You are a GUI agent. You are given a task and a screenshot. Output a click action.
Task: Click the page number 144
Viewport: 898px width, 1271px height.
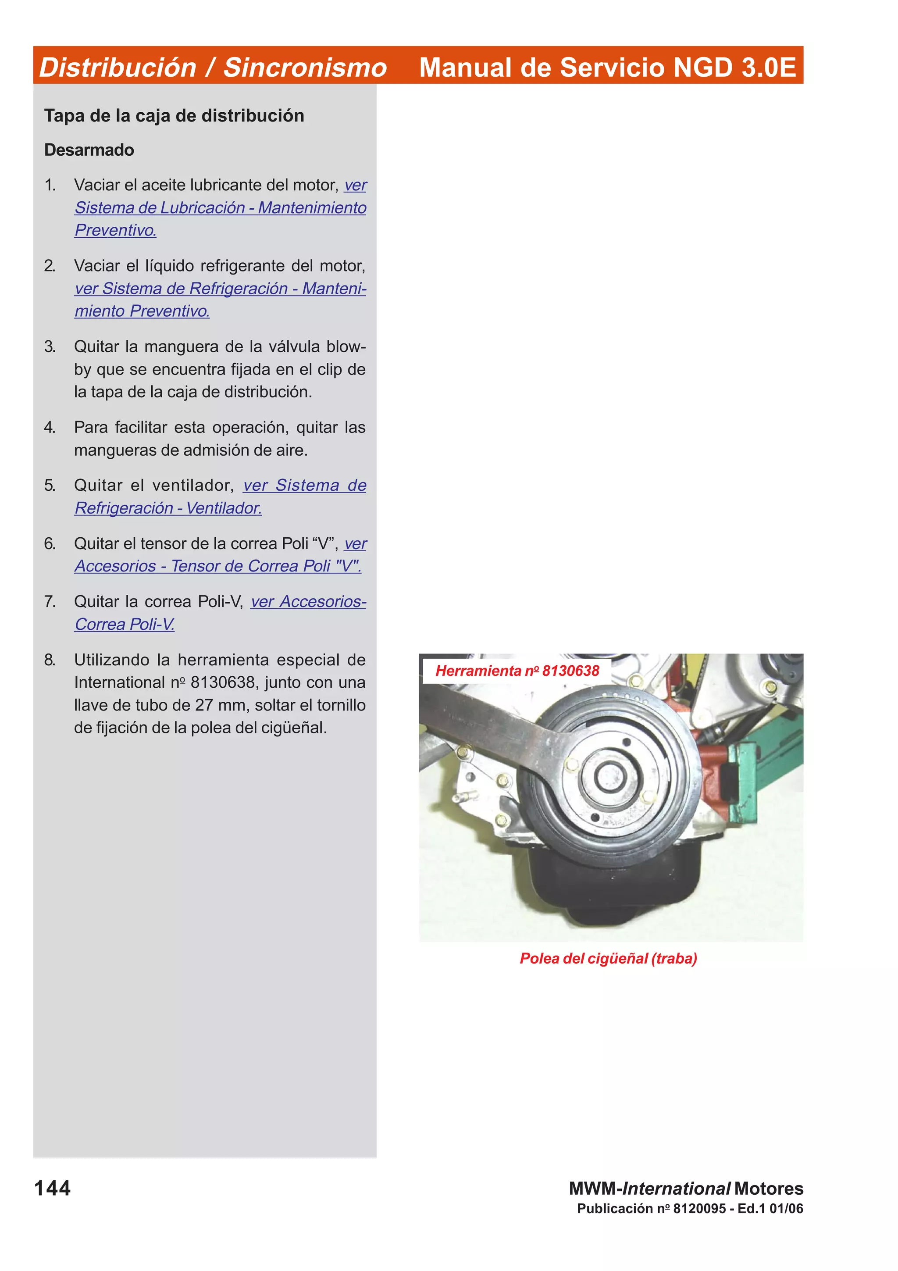click(53, 1188)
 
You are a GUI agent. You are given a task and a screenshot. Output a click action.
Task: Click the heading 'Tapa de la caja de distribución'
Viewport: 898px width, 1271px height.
click(174, 116)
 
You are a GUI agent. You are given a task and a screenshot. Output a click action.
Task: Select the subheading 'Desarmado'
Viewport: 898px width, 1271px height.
click(89, 150)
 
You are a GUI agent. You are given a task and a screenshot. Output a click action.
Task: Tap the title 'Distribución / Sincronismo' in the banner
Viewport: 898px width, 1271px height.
click(213, 68)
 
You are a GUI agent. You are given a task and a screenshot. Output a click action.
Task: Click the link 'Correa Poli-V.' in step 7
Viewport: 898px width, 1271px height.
click(125, 625)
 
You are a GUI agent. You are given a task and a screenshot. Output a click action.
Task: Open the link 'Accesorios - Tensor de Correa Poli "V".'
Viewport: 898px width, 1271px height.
click(218, 566)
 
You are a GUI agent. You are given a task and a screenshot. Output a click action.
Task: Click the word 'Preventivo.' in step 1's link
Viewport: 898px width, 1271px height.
click(116, 230)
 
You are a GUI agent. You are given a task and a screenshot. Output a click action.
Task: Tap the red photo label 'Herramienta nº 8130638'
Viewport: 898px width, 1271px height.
click(517, 671)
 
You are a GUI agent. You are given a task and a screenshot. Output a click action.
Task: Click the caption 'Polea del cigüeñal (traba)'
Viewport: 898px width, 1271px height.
click(608, 958)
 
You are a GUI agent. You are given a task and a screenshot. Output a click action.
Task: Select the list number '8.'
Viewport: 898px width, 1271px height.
click(50, 660)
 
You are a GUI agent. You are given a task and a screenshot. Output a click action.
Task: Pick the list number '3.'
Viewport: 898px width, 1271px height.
click(50, 346)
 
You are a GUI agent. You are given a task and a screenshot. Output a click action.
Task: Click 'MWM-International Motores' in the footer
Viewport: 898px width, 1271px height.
click(686, 1189)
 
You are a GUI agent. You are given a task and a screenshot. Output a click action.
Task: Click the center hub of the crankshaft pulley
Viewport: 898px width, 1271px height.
click(610, 776)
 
